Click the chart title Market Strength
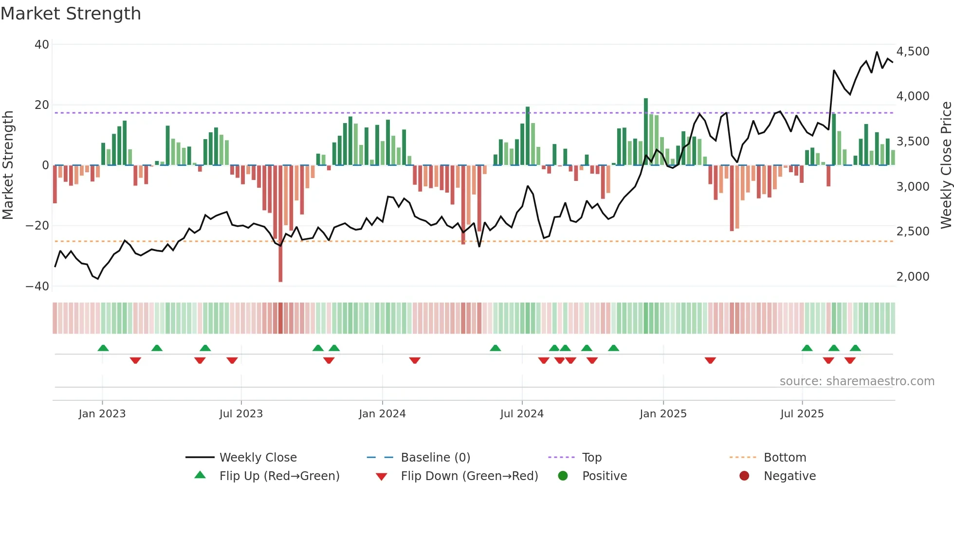(x=71, y=14)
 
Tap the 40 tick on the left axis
(x=42, y=45)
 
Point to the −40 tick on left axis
(x=37, y=286)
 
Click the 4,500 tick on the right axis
(x=913, y=52)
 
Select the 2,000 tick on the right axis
(x=913, y=277)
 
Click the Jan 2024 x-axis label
(x=382, y=414)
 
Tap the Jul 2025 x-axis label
(x=802, y=414)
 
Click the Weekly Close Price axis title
(x=946, y=165)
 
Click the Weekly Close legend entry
(x=257, y=458)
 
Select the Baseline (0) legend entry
(x=435, y=458)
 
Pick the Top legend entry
(x=591, y=458)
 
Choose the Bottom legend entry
(x=785, y=458)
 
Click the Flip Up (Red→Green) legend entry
(x=279, y=476)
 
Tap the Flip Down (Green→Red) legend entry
(x=469, y=476)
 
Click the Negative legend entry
(x=789, y=476)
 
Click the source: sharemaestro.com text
(x=857, y=381)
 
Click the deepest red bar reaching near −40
(x=280, y=224)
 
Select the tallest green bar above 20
(x=646, y=131)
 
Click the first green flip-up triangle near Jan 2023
(x=103, y=348)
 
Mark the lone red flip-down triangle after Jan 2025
(x=710, y=360)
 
